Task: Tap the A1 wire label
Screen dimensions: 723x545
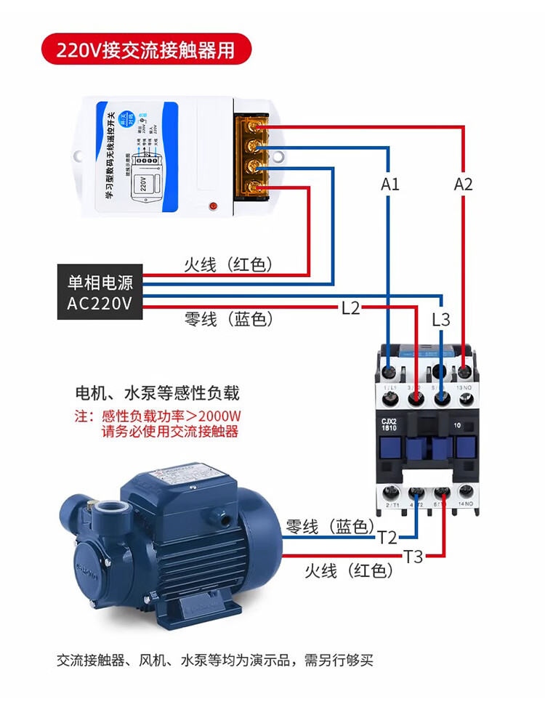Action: click(390, 184)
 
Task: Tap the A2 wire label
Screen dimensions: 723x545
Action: click(463, 184)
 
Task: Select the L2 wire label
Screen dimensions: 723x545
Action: click(350, 308)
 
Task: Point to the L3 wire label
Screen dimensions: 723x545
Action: click(441, 320)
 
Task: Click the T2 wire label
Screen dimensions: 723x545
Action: click(387, 538)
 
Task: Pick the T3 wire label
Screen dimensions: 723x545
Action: click(413, 557)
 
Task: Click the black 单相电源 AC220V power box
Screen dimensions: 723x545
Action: click(100, 292)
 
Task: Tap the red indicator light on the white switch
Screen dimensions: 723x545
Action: click(213, 207)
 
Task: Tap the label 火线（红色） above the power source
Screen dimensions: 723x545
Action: click(228, 265)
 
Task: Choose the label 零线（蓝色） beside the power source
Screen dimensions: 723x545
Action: click(228, 319)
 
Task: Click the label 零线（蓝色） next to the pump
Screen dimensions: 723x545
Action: click(329, 526)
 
